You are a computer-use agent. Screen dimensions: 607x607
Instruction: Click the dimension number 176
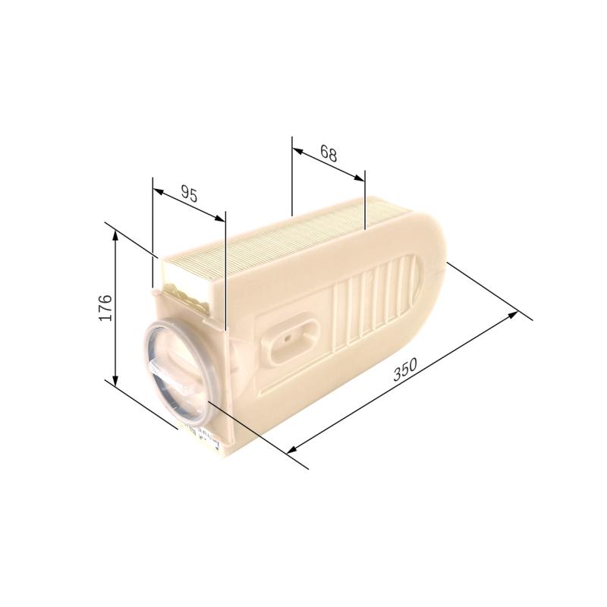(105, 307)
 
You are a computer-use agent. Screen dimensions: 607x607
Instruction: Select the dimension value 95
(189, 194)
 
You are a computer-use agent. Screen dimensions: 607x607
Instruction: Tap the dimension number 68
(328, 153)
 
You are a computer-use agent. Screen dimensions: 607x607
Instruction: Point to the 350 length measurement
(405, 370)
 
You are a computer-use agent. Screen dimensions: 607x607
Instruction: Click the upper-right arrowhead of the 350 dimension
(514, 313)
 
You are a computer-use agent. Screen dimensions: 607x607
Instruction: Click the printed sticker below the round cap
(199, 438)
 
